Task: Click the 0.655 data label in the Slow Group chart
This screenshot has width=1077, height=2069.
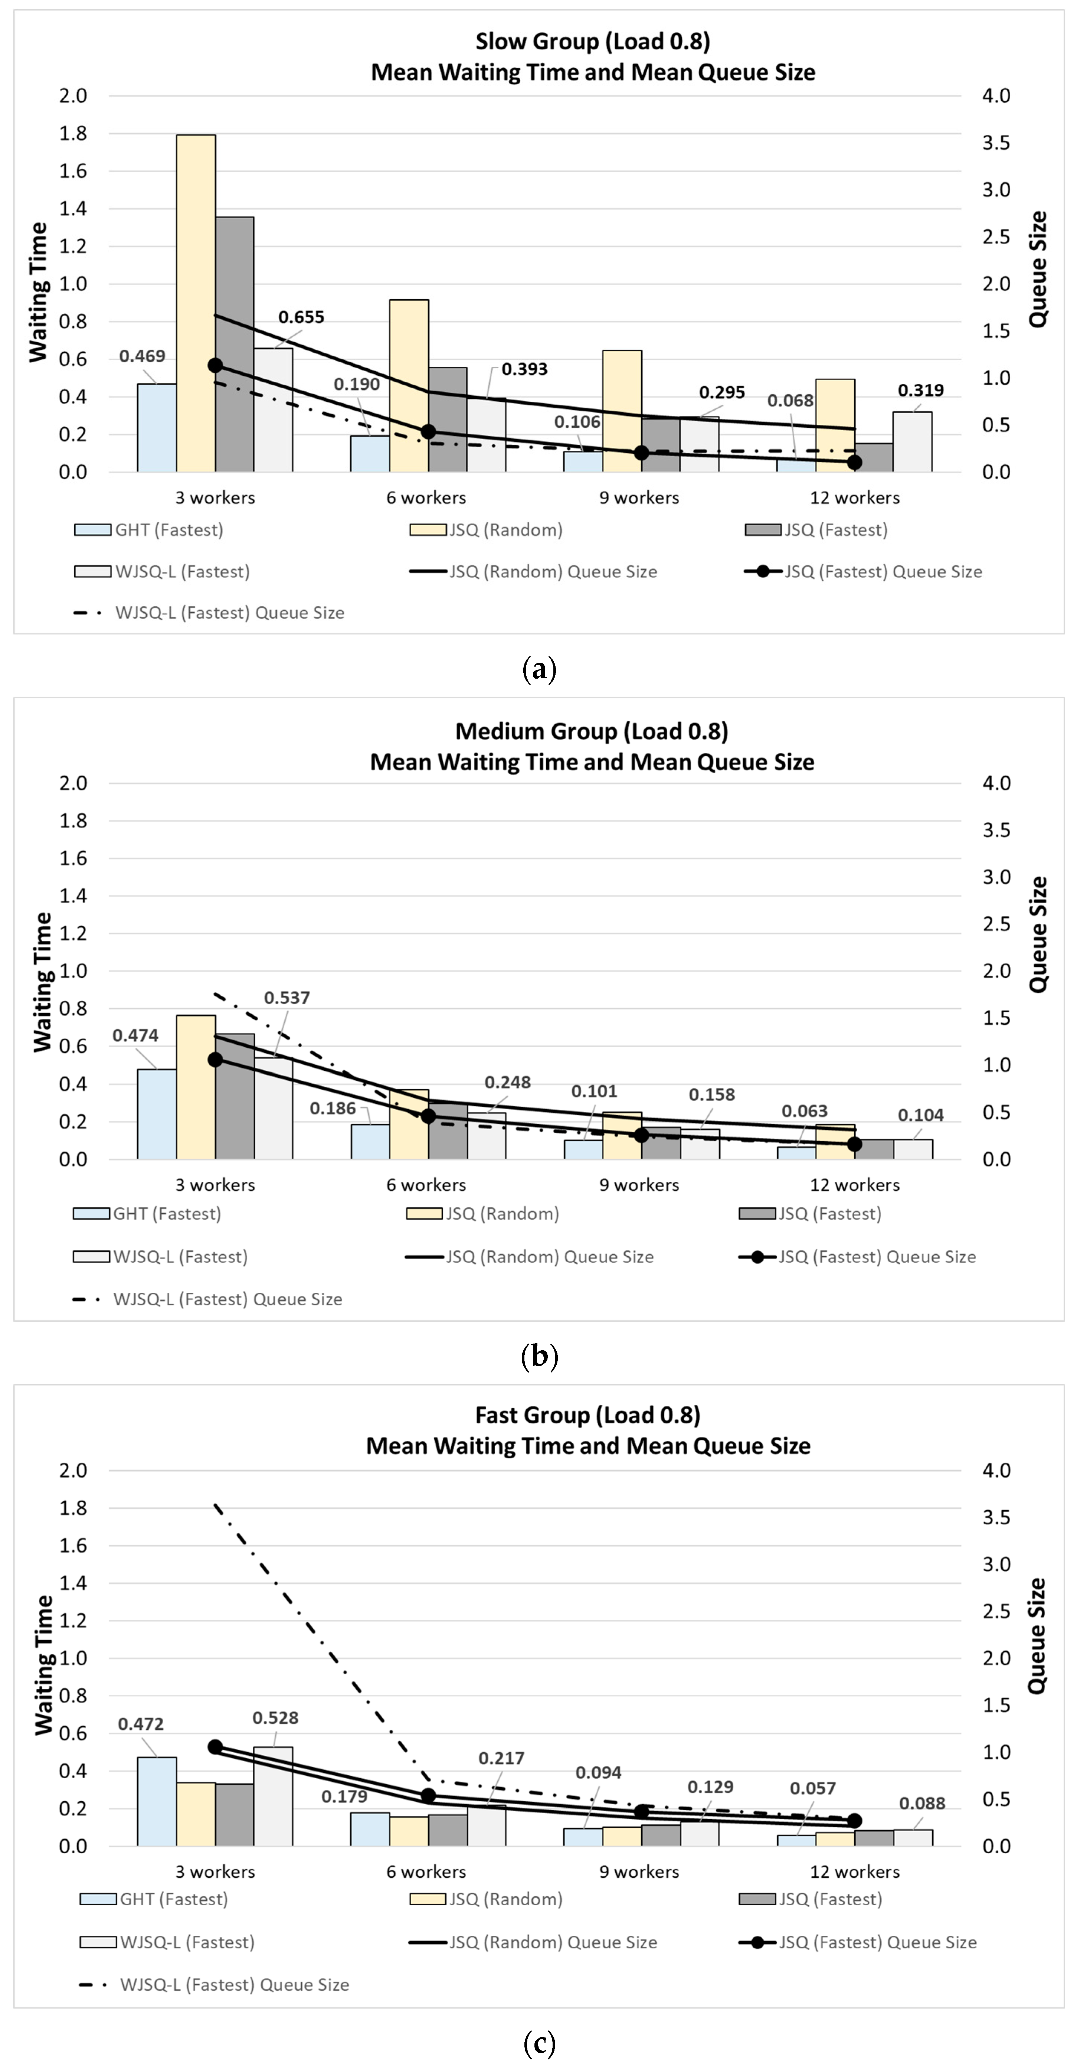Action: pos(301,317)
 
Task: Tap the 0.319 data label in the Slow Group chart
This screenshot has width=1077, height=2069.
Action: pos(920,390)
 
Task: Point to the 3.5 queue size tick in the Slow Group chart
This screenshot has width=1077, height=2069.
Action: pos(996,142)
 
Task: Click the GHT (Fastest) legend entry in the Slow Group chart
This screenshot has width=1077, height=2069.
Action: pos(148,530)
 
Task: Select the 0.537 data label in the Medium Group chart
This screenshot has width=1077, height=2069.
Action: pos(287,998)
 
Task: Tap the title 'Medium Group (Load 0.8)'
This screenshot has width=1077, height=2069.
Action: pos(592,731)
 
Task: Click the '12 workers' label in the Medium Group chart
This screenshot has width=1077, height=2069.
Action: pos(855,1185)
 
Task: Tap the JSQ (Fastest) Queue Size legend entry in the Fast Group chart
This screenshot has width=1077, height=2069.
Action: pos(858,1942)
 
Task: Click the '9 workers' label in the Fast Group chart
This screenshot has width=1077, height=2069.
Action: pos(639,1871)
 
